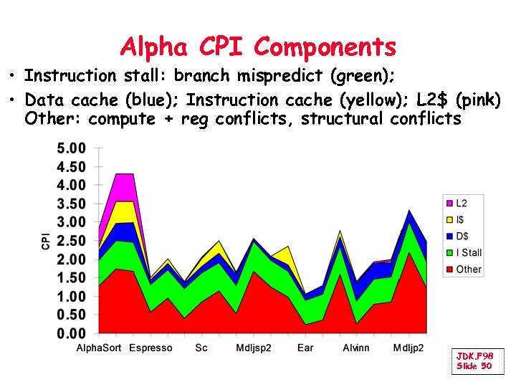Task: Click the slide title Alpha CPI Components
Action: click(258, 47)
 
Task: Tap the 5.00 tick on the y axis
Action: click(71, 149)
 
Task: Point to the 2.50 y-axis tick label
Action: click(71, 241)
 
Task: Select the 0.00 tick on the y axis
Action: click(71, 333)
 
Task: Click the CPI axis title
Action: click(46, 241)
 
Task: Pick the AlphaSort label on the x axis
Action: click(99, 348)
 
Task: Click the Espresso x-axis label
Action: click(150, 348)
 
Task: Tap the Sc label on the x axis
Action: click(201, 348)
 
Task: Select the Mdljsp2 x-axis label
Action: click(254, 348)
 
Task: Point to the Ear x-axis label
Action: click(305, 348)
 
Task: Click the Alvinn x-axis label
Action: click(356, 348)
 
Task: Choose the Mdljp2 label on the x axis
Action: click(408, 348)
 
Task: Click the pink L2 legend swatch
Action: click(450, 204)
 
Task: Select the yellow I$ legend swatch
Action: click(450, 220)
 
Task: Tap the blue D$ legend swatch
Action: click(450, 236)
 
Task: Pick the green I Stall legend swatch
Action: click(450, 252)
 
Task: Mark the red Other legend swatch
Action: click(450, 269)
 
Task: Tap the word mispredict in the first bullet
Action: click(281, 75)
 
